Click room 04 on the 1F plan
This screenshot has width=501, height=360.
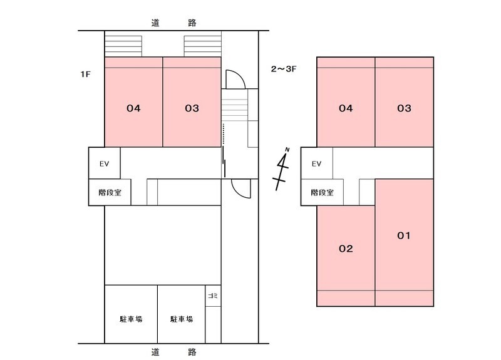click(133, 108)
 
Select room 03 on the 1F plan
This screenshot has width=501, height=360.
click(192, 108)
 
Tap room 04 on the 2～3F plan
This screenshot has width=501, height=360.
click(346, 108)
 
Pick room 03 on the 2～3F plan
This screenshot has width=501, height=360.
click(404, 108)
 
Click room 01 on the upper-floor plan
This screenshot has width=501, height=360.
click(404, 236)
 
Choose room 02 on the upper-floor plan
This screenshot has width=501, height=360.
click(346, 249)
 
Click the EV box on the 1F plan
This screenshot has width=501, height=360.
click(104, 164)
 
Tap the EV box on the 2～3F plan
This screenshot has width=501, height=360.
click(316, 164)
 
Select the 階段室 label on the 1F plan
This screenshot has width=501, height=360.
click(109, 193)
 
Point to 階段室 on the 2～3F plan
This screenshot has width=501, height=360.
click(321, 193)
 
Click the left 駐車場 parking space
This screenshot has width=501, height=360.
click(131, 319)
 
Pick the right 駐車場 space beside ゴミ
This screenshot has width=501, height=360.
click(181, 319)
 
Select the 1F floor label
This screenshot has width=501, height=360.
click(86, 74)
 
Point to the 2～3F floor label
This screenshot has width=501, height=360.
click(282, 69)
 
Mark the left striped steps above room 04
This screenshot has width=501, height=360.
click(123, 46)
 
